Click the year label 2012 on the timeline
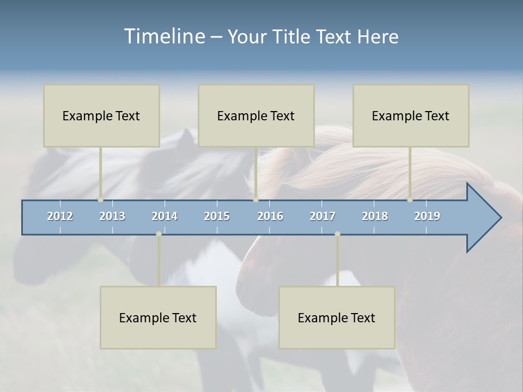coord(60,216)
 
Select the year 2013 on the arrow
coord(112,216)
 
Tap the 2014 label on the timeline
coord(165,216)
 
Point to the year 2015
coord(217,216)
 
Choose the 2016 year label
coord(270,216)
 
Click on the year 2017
coord(323,216)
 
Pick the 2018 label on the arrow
coord(375,216)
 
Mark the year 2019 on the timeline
coord(427,216)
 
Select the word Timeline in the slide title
coord(164,36)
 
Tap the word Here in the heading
coord(378,36)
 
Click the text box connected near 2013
coord(101,115)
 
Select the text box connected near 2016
coord(256,115)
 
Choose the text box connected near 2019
coord(411,115)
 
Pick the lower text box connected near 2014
coord(158,317)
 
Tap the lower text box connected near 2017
coord(337,317)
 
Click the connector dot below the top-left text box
coord(101,199)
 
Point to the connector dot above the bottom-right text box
coord(337,234)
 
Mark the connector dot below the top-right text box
coord(410,199)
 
